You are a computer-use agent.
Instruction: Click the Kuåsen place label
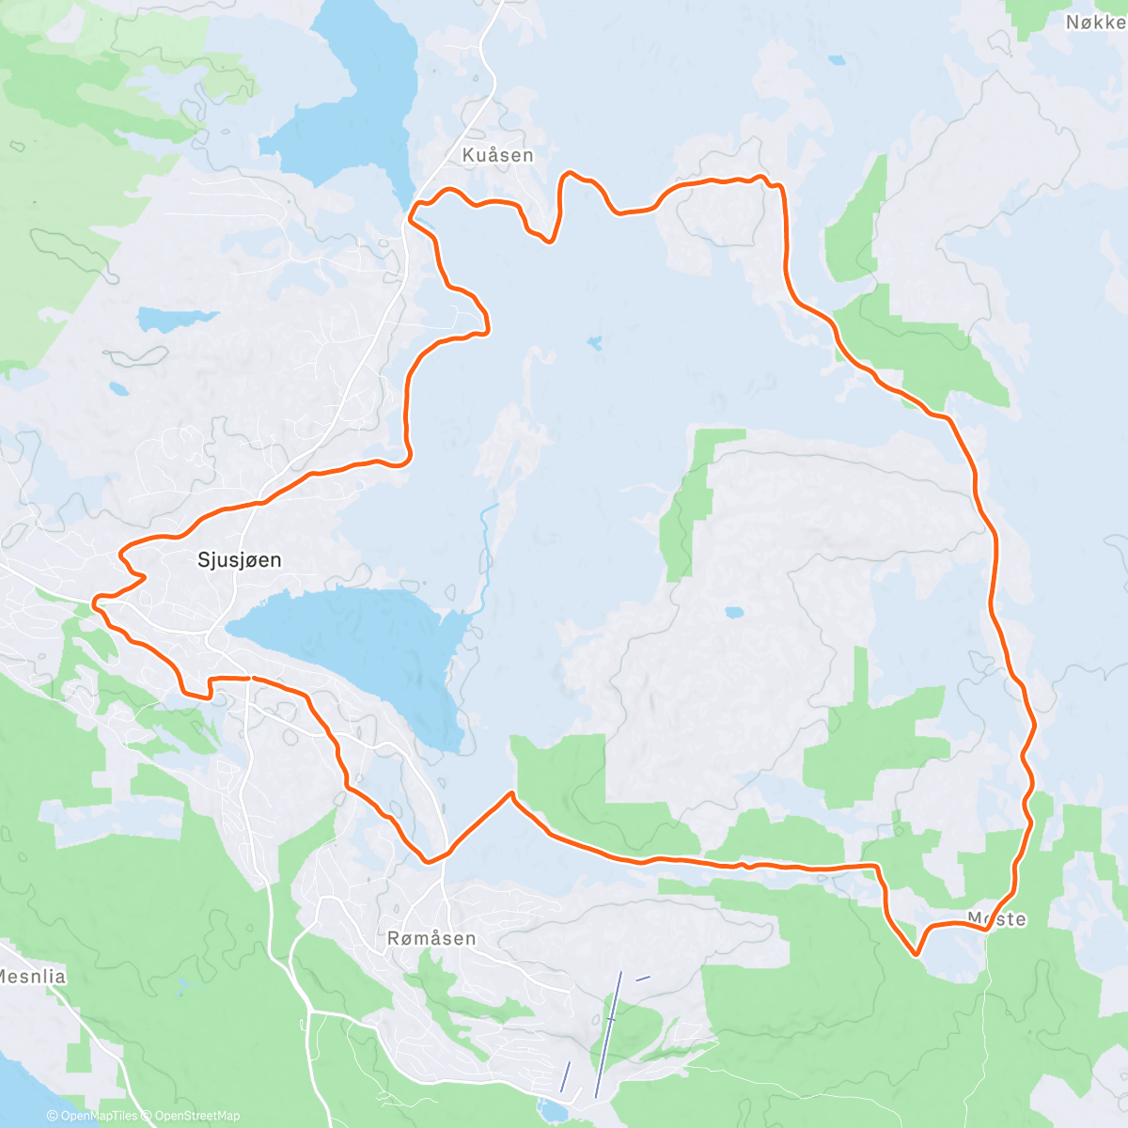[x=497, y=155]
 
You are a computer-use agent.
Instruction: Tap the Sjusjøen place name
[x=239, y=560]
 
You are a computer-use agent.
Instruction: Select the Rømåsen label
[x=431, y=938]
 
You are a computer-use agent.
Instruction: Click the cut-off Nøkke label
[x=1095, y=22]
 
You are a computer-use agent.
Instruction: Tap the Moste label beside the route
[x=997, y=919]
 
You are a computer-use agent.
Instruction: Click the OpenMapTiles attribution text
[x=92, y=1116]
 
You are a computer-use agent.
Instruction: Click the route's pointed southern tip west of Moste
[x=916, y=955]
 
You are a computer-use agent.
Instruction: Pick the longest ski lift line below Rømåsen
[x=607, y=1034]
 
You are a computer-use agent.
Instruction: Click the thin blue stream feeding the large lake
[x=485, y=555]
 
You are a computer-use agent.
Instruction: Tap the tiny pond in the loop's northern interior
[x=594, y=343]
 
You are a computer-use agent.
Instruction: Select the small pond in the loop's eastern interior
[x=734, y=612]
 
